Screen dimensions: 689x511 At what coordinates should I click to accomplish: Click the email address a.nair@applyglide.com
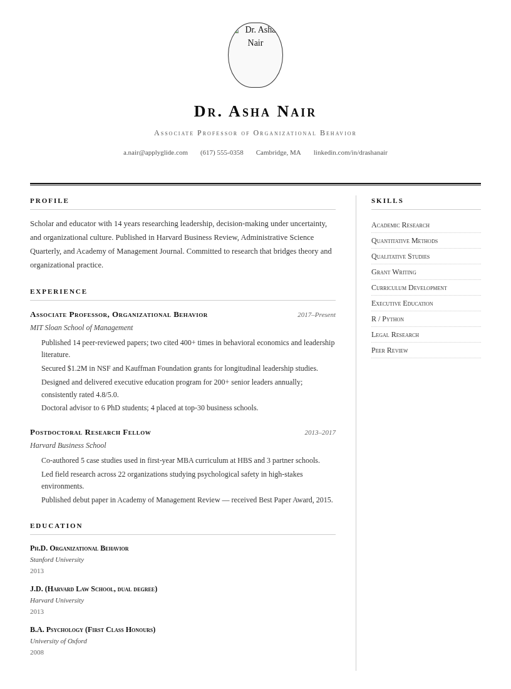(x=155, y=152)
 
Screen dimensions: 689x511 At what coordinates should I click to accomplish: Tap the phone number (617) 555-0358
(x=222, y=152)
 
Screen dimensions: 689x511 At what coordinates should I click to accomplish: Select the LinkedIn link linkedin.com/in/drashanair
(x=350, y=152)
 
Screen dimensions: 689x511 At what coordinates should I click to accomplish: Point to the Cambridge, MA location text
(x=278, y=152)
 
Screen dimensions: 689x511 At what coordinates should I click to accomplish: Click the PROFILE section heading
(x=49, y=200)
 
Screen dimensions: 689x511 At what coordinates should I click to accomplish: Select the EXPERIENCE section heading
(x=59, y=291)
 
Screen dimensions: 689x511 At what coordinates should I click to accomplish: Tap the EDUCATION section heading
(x=56, y=526)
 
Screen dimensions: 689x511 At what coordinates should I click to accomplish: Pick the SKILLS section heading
(x=388, y=200)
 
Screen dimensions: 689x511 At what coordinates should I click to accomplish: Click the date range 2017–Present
(x=316, y=314)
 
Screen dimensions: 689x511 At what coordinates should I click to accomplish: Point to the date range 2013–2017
(x=320, y=432)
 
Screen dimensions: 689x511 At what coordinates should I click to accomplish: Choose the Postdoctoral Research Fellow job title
(x=90, y=432)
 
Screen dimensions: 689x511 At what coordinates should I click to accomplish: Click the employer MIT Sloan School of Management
(x=81, y=328)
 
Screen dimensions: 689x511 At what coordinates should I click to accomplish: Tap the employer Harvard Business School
(x=68, y=445)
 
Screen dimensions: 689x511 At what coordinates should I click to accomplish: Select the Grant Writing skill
(x=394, y=272)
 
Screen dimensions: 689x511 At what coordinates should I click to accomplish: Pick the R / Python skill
(x=388, y=319)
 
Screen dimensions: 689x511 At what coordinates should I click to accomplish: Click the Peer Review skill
(x=390, y=350)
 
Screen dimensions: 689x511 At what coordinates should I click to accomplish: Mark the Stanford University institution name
(x=57, y=559)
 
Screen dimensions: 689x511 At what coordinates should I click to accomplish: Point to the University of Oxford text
(x=58, y=641)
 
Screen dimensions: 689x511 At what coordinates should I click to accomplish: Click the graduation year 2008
(x=37, y=652)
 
